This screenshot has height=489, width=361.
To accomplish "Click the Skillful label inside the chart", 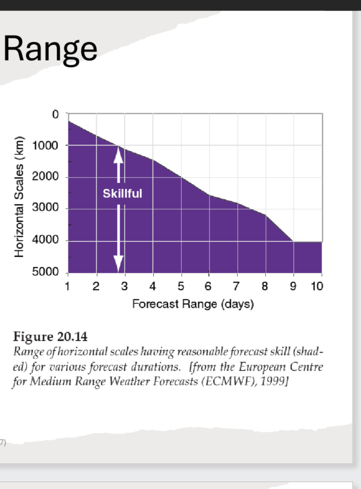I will tap(123, 194).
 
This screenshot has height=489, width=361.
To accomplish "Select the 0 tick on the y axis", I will tap(55, 114).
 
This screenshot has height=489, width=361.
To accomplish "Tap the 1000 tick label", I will tap(45, 146).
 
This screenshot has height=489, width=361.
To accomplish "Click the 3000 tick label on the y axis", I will tap(45, 208).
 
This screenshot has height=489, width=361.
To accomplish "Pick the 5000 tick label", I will tap(45, 272).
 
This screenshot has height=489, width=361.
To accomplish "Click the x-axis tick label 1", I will tap(67, 286).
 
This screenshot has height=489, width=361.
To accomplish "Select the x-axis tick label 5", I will tap(181, 286).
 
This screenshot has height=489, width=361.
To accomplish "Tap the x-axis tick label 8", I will tap(265, 286).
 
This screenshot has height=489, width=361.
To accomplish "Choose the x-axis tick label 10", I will tap(317, 286).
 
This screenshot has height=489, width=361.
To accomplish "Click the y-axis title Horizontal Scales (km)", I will tap(19, 197).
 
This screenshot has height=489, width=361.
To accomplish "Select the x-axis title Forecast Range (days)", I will tap(193, 304).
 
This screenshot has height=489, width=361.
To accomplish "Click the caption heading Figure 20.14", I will tap(50, 337).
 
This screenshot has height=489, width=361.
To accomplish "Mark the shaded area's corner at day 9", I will tap(293, 241).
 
